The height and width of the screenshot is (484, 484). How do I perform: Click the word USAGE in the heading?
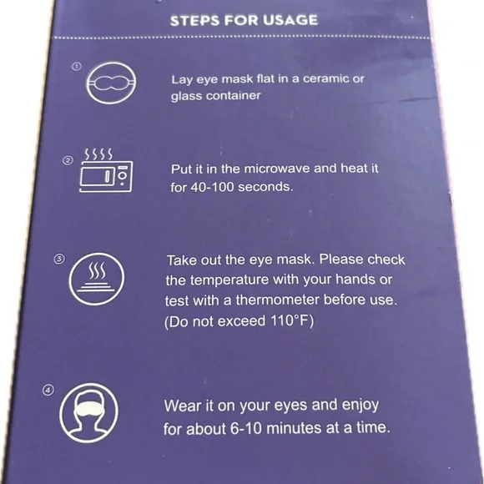pos(290,20)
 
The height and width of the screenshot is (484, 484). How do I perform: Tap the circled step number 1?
pos(77,67)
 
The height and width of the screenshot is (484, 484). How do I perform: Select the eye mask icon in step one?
pos(111,83)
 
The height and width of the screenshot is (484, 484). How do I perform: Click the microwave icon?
pos(106,177)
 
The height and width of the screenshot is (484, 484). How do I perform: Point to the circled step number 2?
pos(68,160)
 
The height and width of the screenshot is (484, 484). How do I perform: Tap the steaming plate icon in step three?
pos(97,279)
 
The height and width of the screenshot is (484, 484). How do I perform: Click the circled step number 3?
pos(59,259)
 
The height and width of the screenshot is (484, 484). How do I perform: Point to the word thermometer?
pos(278,300)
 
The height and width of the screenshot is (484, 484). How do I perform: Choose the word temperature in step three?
pos(229,280)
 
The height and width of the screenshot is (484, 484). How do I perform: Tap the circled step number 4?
pos(48,391)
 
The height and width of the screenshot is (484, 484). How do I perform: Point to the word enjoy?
pos(360,406)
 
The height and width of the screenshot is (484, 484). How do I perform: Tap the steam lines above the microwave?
pos(98,154)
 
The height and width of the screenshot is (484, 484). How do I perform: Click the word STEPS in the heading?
pos(195,21)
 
